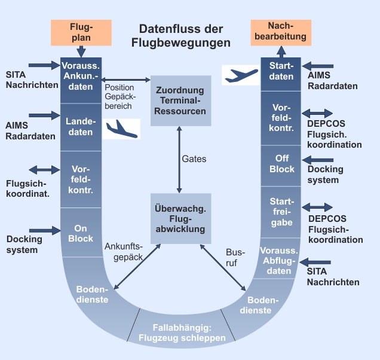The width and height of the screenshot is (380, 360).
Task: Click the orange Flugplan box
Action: (x=81, y=32)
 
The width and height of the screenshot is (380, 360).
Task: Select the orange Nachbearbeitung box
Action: (x=280, y=32)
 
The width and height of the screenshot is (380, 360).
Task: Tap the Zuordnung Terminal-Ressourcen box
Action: (x=180, y=100)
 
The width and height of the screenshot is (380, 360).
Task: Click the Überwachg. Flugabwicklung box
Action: (x=180, y=218)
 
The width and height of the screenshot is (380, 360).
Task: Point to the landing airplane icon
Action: (x=121, y=129)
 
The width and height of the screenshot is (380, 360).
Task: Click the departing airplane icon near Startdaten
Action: (x=241, y=74)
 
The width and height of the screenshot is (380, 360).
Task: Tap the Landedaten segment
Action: (x=81, y=127)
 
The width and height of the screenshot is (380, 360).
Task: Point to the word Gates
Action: (x=194, y=159)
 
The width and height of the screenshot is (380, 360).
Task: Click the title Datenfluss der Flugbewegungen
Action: (x=181, y=36)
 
